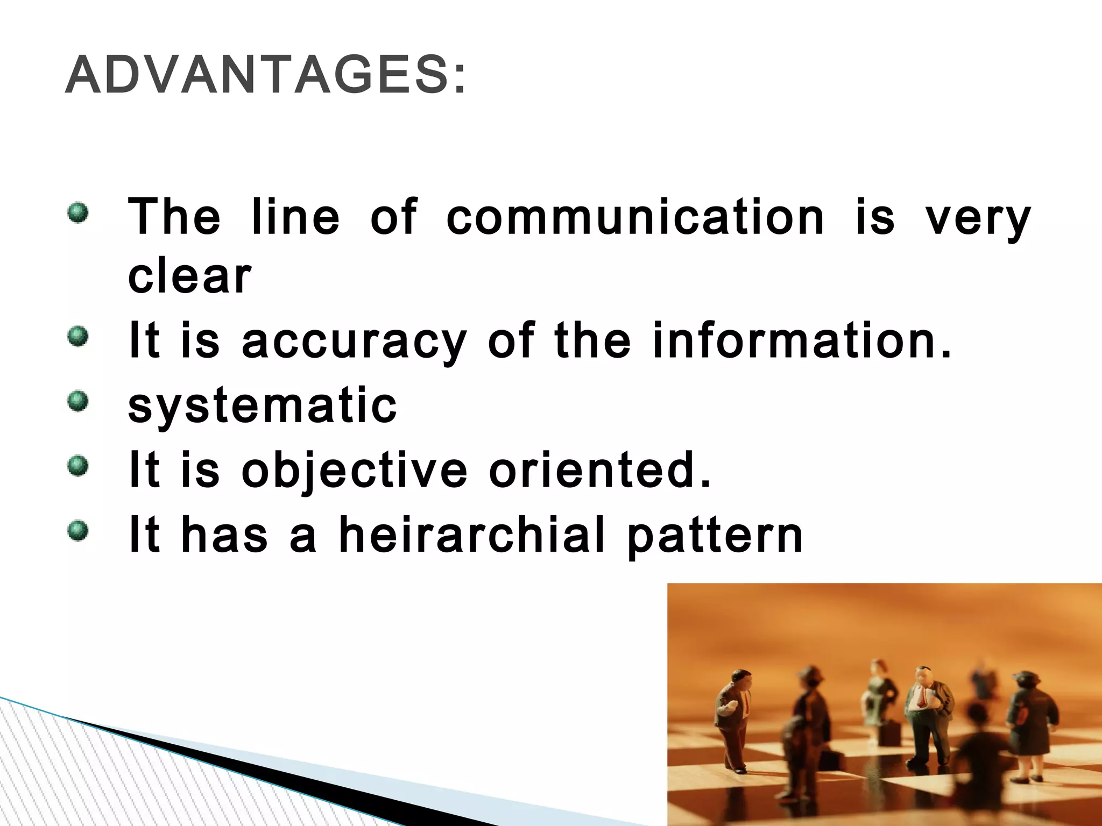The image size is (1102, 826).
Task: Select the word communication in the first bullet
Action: [635, 218]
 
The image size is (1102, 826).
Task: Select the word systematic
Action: [263, 406]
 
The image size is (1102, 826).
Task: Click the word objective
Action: [354, 471]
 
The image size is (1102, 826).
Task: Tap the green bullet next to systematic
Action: [77, 401]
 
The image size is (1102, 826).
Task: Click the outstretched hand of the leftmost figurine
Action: [721, 721]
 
